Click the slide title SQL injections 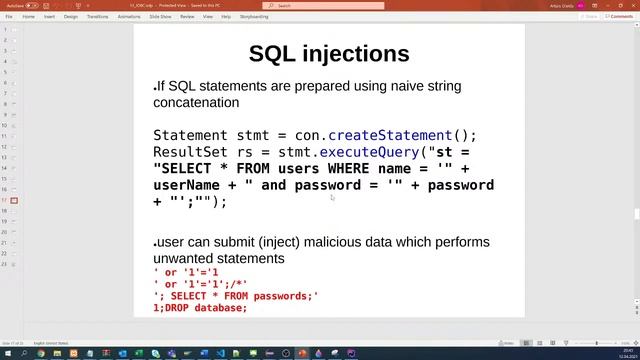pos(329,53)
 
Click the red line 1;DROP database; pos(200,308)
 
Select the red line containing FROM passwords pos(236,296)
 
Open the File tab pos(9,16)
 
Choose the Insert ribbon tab pos(49,16)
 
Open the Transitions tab pos(98,16)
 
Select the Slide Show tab pos(160,16)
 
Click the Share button pos(590,16)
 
